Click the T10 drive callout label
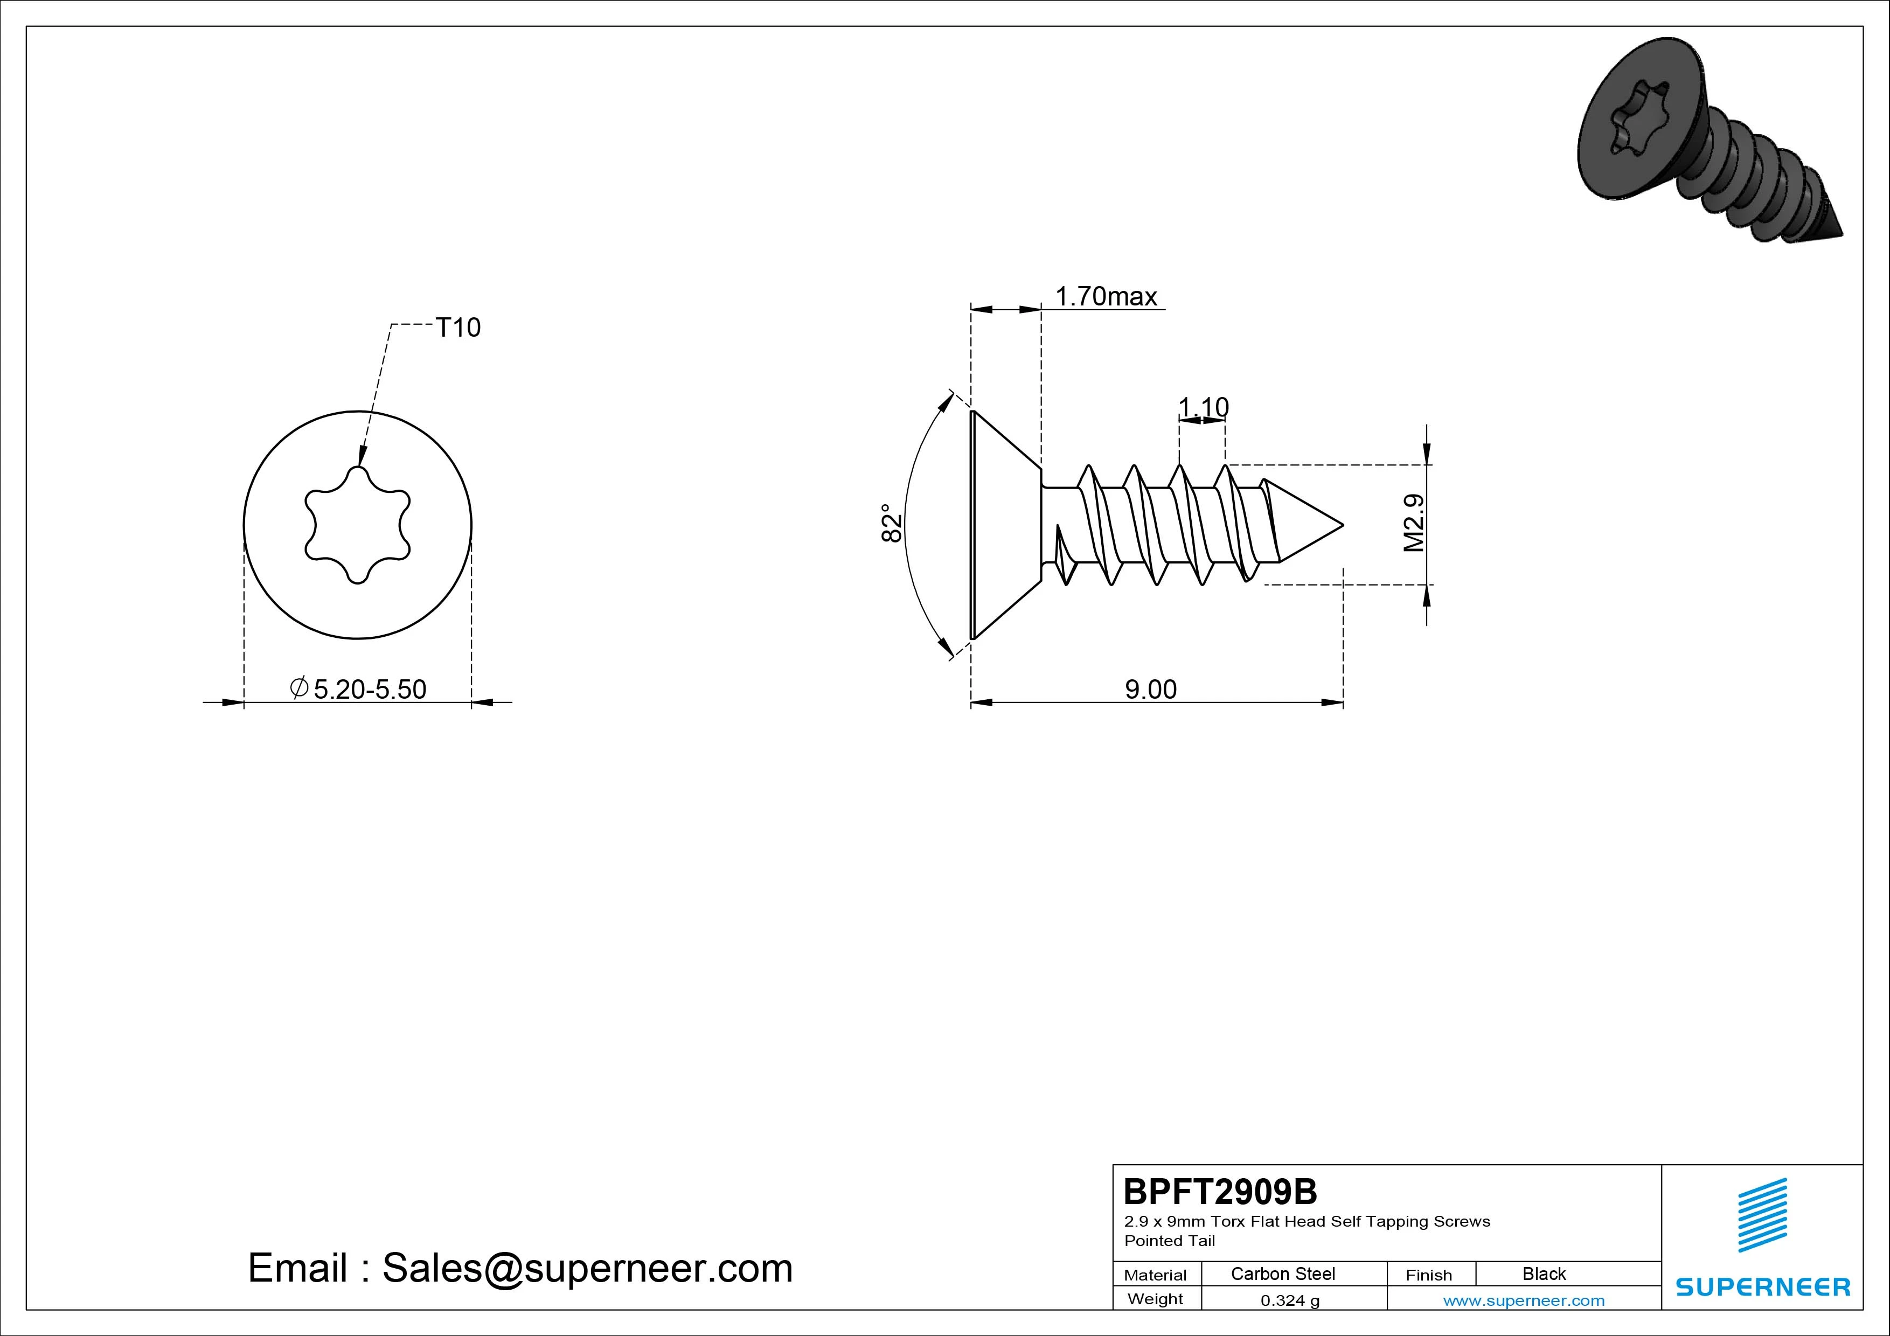(457, 328)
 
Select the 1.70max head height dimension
(1106, 296)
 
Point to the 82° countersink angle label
(892, 523)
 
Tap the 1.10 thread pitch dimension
(1203, 407)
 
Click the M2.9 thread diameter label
(1413, 523)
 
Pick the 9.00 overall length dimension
(1151, 689)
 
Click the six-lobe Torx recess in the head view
(358, 525)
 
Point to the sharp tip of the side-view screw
(1343, 524)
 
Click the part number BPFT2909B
(1220, 1191)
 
